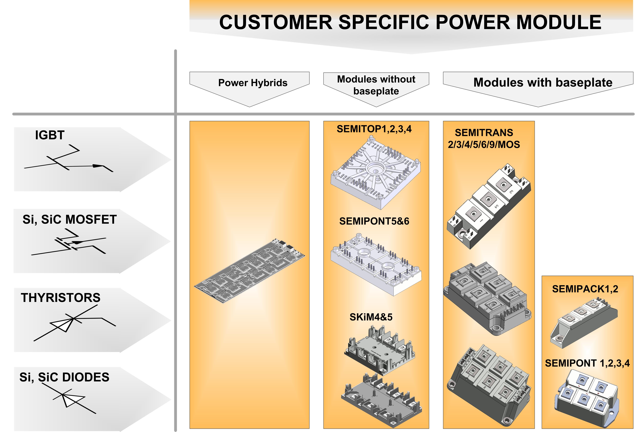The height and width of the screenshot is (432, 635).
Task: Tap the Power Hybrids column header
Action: pos(253,83)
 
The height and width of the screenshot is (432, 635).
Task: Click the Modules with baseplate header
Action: pos(543,82)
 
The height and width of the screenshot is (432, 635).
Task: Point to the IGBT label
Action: pos(50,135)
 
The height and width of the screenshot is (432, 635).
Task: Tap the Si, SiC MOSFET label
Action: pos(70,220)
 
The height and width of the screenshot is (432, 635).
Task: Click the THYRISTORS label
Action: pos(61,297)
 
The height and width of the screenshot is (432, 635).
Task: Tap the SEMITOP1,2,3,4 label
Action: pos(374,129)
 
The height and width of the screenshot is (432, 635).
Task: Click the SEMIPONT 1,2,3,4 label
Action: pos(587,363)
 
